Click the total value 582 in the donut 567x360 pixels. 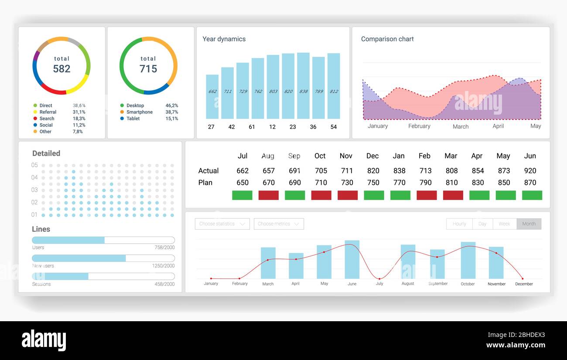coord(61,69)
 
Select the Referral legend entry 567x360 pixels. coord(48,112)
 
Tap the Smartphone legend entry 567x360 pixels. coord(139,112)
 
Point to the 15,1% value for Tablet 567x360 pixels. coord(171,119)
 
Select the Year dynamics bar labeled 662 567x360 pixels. coord(212,97)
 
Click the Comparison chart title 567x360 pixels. coord(387,39)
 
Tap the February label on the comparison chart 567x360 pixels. coord(419,126)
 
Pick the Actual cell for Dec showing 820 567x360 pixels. coord(373,171)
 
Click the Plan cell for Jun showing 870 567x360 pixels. coord(530,183)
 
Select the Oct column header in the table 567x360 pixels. coord(320,156)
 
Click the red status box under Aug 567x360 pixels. coord(268,195)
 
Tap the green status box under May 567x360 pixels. coord(506,195)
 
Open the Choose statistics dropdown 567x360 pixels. coord(222,224)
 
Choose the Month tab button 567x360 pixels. coord(529,224)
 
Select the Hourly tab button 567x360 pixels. coord(459,224)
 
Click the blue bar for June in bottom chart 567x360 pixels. coord(352,260)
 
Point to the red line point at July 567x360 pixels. coord(379,278)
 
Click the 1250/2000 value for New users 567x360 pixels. coord(163,266)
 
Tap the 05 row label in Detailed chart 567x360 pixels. coord(34,165)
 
